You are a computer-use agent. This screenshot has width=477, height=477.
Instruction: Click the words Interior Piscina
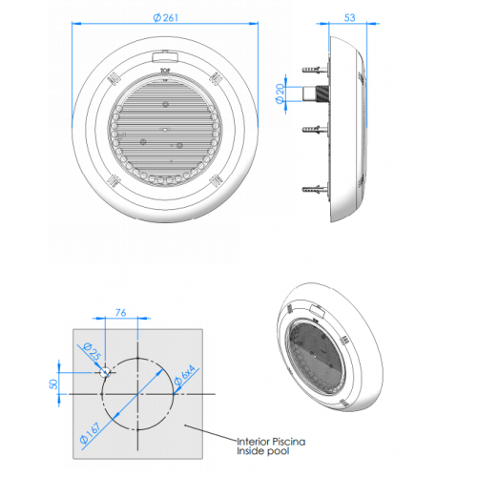pos(272,441)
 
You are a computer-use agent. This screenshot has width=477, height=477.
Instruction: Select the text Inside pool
pos(262,452)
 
